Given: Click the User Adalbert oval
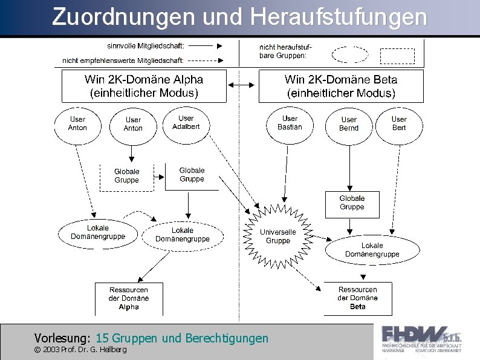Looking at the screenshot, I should (186, 123).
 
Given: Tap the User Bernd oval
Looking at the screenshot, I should (349, 125).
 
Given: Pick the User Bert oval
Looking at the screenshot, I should (399, 123).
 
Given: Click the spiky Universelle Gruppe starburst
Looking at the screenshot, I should (278, 236).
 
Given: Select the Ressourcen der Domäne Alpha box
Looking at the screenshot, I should (129, 298).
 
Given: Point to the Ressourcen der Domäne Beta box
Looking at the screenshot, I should (357, 298).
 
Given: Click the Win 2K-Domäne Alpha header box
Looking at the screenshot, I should (144, 86).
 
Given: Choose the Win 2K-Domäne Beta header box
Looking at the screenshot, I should (341, 87).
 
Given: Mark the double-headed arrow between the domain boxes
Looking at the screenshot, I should (242, 86).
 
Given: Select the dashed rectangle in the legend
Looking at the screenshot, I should (397, 56).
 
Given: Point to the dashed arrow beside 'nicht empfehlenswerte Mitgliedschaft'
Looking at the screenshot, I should (207, 61).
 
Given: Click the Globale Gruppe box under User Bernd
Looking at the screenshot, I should (352, 203).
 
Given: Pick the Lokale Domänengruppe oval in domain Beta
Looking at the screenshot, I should (372, 250).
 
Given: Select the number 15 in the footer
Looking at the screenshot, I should (102, 338).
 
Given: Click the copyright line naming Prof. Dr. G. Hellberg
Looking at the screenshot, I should (80, 350).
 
